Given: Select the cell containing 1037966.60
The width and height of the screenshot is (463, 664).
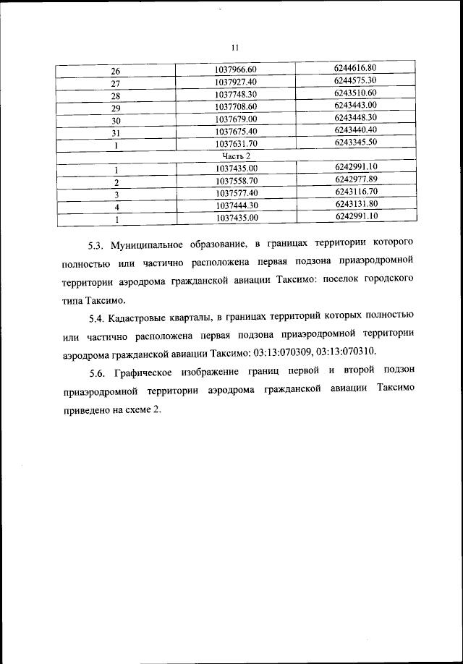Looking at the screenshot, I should tap(236, 69).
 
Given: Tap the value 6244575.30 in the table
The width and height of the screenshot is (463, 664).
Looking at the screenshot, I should tap(356, 80).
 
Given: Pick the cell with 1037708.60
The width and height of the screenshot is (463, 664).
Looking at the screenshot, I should tap(236, 106).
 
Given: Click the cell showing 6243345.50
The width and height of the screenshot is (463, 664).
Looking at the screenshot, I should tap(356, 142).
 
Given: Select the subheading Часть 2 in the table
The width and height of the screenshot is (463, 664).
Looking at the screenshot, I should tap(236, 156).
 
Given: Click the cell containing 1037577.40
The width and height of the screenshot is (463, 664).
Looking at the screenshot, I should tap(236, 193).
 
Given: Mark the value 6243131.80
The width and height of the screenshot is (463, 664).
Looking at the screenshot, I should tap(356, 203).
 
